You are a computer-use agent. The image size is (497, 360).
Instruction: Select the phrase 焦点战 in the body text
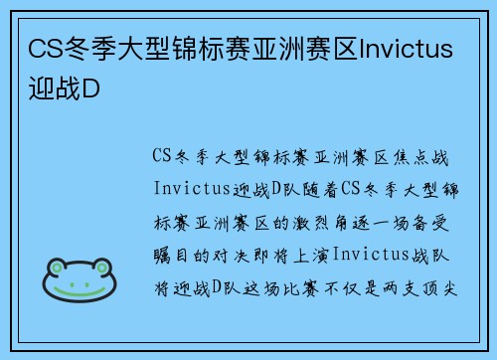pos(431,155)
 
